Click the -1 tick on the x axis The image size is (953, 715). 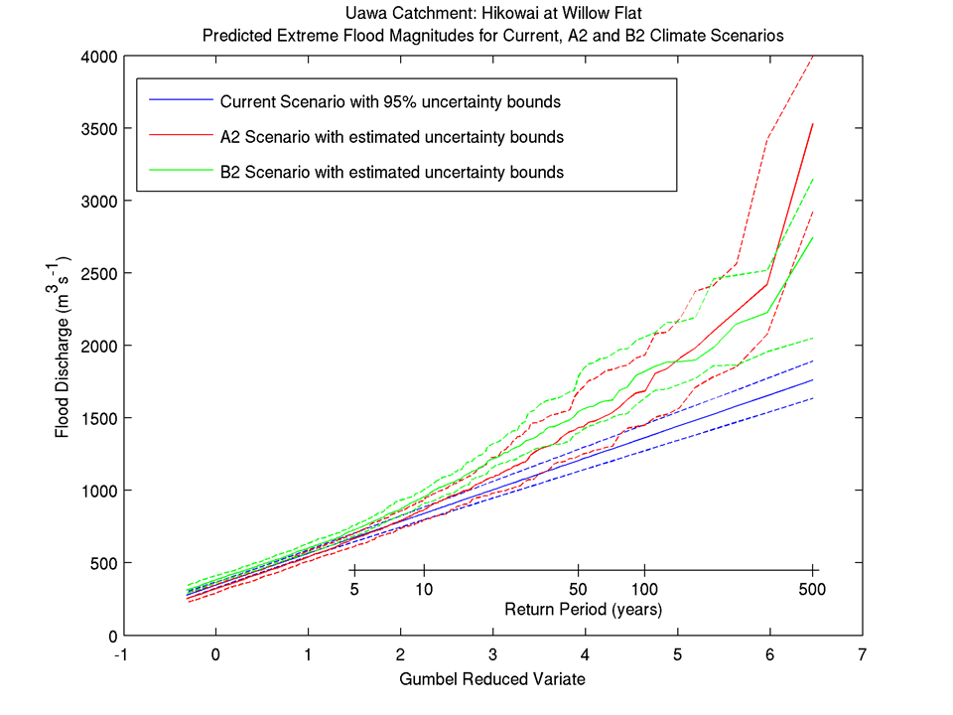tap(121, 655)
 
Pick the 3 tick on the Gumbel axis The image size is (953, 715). tap(492, 655)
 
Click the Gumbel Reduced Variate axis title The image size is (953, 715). tap(491, 680)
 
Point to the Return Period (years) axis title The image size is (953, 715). tap(583, 608)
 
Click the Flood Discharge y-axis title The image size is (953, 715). tap(63, 346)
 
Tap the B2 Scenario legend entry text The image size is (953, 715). tap(392, 172)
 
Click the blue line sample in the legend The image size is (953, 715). tap(181, 101)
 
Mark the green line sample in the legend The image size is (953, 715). tap(181, 172)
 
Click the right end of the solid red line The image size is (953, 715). tap(813, 124)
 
